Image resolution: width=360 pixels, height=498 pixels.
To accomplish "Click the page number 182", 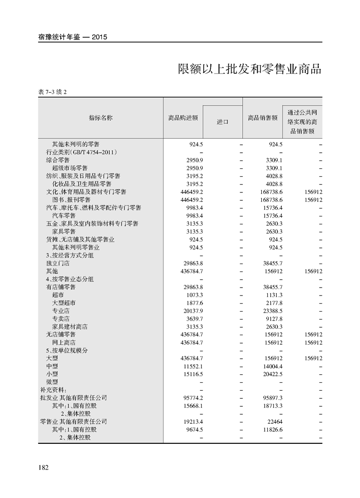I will pyautogui.click(x=43, y=467).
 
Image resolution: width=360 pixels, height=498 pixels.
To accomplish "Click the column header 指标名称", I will pyautogui.click(x=101, y=118).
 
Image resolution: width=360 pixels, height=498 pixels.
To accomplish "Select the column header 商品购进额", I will pyautogui.click(x=183, y=118).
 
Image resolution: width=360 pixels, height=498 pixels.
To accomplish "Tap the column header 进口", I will pyautogui.click(x=223, y=122).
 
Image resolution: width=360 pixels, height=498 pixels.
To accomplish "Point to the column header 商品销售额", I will pyautogui.click(x=263, y=118).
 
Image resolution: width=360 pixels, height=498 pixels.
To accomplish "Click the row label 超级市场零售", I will pyautogui.click(x=70, y=168).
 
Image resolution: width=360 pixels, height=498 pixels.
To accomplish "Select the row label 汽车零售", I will pyautogui.click(x=64, y=215).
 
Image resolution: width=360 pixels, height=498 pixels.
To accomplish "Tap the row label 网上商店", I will pyautogui.click(x=64, y=343).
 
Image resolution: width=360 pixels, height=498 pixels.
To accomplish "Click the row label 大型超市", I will pyautogui.click(x=64, y=303).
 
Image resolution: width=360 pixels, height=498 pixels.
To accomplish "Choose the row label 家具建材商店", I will pyautogui.click(x=70, y=327).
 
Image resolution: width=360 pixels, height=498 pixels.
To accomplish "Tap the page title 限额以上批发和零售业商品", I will pyautogui.click(x=249, y=69).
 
